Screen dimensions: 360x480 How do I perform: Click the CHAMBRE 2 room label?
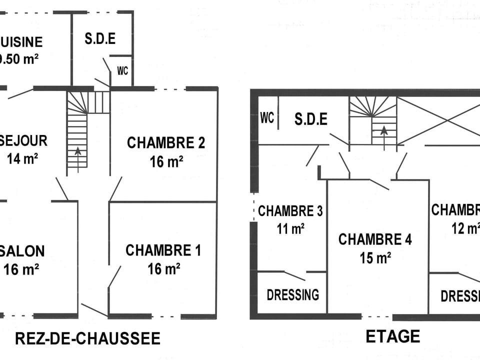(166, 143)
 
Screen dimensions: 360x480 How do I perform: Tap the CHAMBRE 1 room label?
(163, 250)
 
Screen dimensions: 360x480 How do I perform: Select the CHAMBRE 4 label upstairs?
(375, 239)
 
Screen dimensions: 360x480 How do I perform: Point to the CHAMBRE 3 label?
(290, 211)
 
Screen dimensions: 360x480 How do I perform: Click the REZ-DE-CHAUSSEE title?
(88, 338)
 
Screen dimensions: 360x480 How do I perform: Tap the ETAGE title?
(393, 336)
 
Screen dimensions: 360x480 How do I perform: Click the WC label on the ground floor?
(122, 70)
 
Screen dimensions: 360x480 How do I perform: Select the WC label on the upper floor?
(267, 118)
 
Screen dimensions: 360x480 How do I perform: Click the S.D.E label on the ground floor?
(100, 39)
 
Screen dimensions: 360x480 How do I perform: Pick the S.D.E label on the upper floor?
(310, 119)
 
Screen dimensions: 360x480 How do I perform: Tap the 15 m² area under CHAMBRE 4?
(375, 258)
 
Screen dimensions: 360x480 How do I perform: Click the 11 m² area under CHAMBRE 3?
(290, 229)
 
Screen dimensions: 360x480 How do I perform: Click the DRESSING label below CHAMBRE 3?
(293, 294)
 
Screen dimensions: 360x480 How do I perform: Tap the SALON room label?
(23, 250)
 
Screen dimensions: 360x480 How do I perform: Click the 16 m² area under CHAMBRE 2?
(166, 161)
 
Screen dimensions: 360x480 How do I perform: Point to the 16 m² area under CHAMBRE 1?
(163, 269)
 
